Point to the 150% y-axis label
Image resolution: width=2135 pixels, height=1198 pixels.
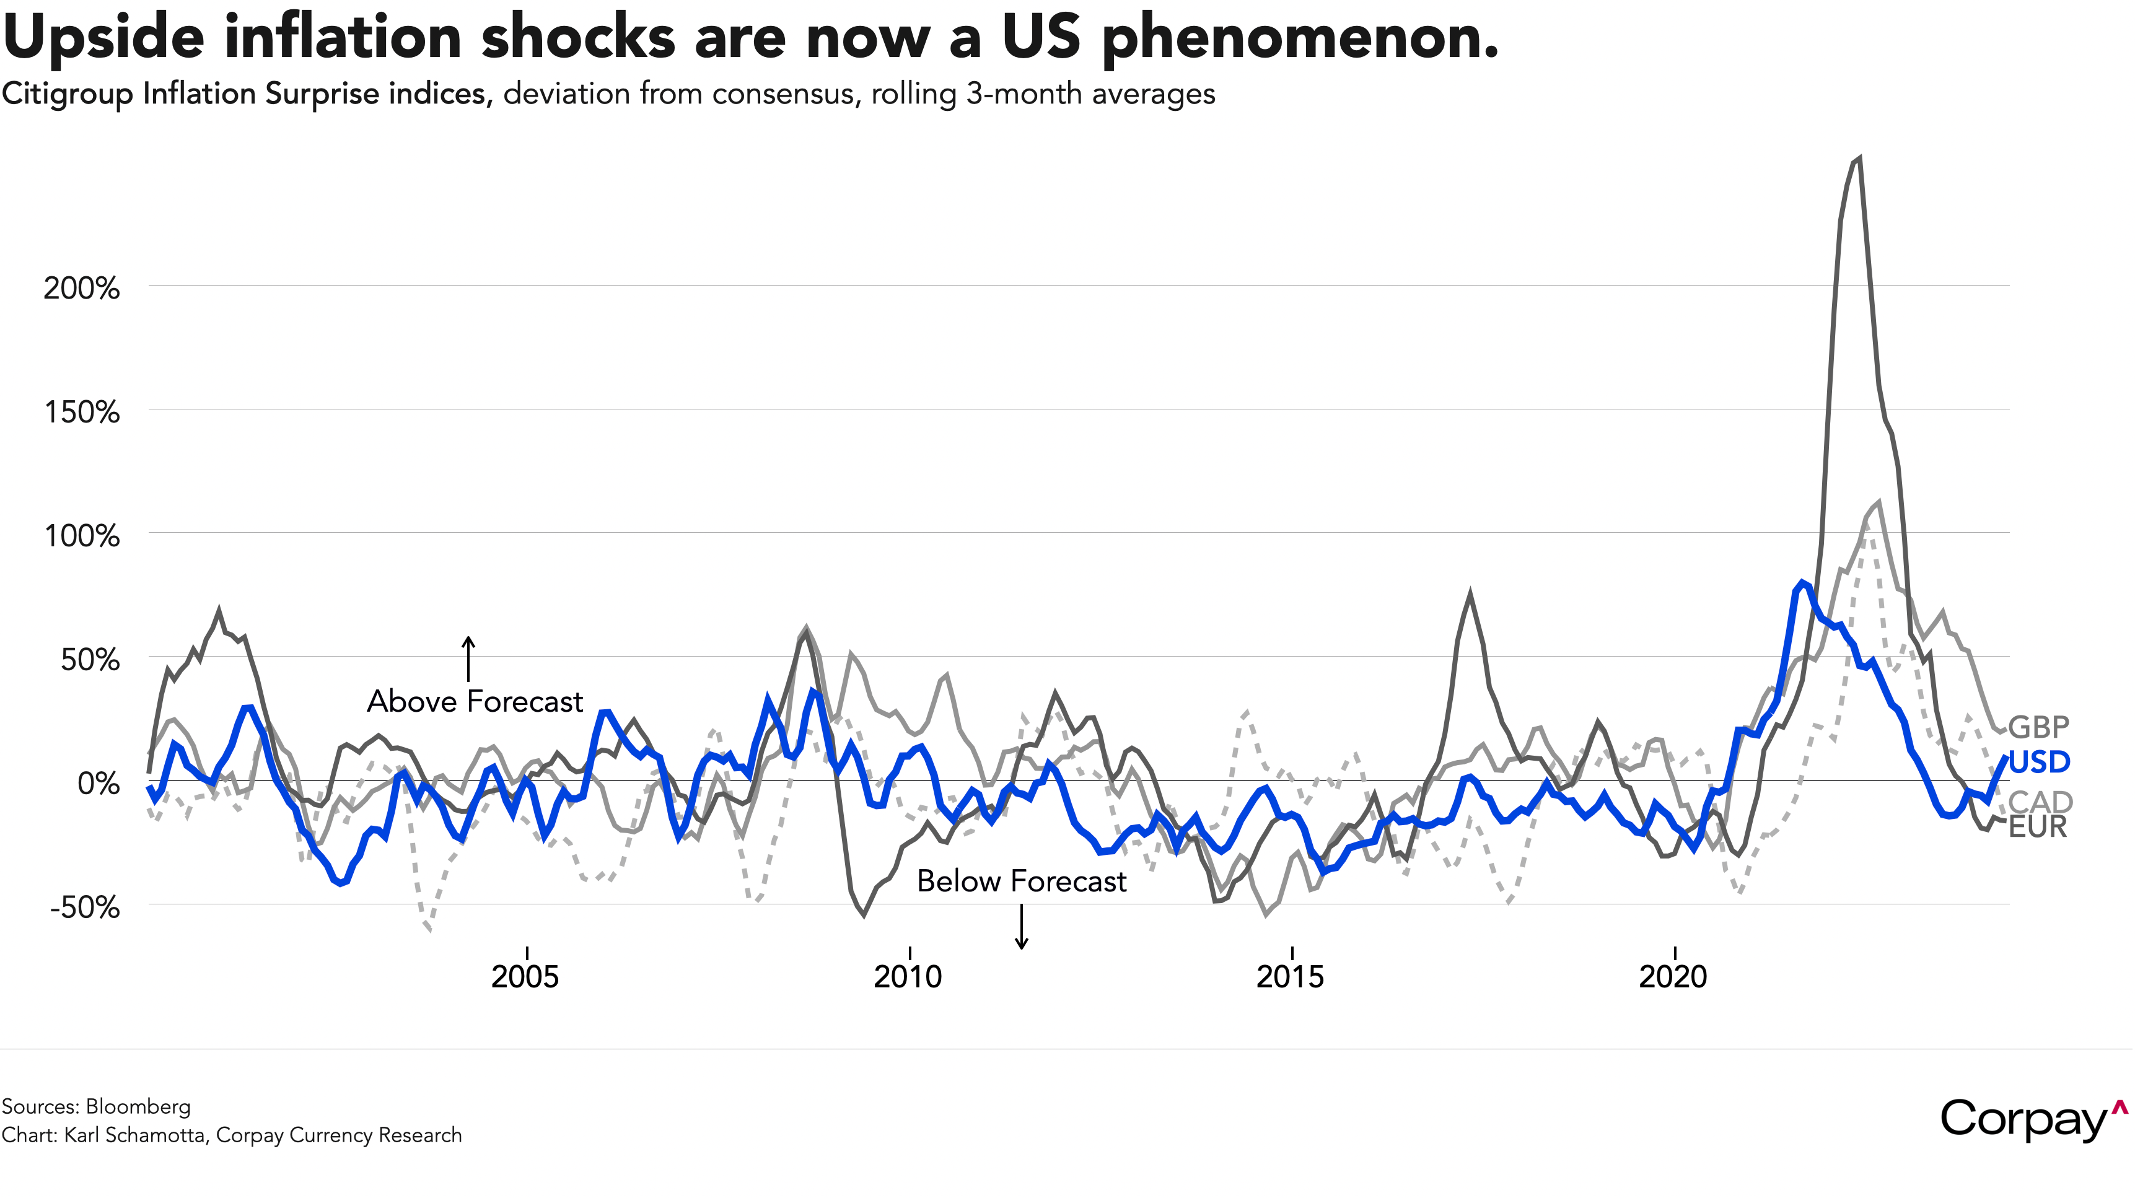(x=81, y=412)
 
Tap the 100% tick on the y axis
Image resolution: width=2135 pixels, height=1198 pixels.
(x=81, y=536)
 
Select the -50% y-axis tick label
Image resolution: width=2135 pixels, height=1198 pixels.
(x=84, y=907)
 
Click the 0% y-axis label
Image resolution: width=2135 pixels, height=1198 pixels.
(x=98, y=783)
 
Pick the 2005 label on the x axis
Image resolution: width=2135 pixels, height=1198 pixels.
(x=525, y=977)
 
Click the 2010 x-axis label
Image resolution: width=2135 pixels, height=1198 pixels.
(x=908, y=977)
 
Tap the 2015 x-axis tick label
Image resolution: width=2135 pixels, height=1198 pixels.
(x=1291, y=977)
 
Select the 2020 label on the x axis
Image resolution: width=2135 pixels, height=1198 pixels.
(x=1673, y=977)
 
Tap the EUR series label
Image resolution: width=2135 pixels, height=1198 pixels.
(x=2037, y=827)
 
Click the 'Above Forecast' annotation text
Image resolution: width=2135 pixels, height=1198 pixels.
(x=475, y=702)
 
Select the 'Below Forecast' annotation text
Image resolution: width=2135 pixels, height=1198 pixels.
(x=1021, y=881)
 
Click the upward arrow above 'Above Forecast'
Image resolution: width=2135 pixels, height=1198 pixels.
(x=468, y=658)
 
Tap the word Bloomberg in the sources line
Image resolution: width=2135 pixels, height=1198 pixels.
(x=138, y=1107)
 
